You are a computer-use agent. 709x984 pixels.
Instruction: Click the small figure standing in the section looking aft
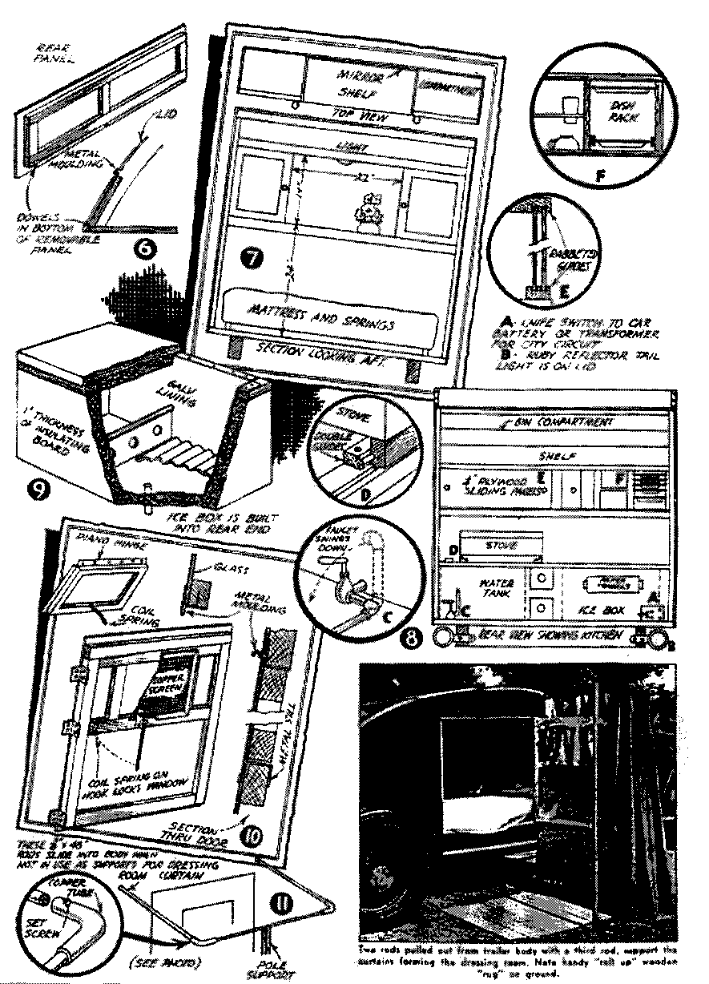[367, 211]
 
